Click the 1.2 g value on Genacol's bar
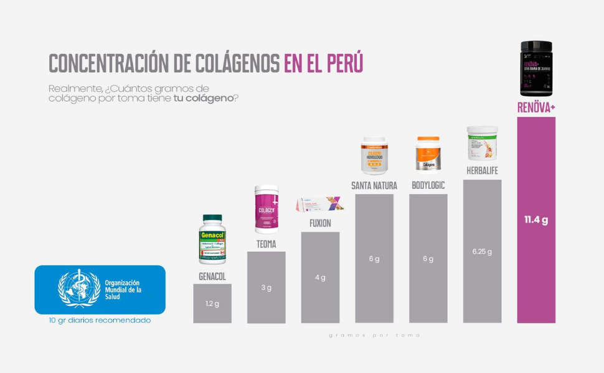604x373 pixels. [x=212, y=304]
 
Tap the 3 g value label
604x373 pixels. [x=266, y=288]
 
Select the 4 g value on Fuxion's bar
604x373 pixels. [x=320, y=277]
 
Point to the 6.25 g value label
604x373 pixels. [x=482, y=252]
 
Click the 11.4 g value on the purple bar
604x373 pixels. [x=536, y=220]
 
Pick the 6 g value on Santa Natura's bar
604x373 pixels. [x=374, y=259]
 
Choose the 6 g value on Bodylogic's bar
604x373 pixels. [x=428, y=259]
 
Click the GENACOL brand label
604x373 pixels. [x=212, y=276]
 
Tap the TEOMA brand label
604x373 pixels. [x=266, y=244]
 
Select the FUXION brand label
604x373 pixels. [x=320, y=223]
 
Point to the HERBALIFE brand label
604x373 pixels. [x=482, y=171]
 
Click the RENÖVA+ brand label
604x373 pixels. [x=536, y=108]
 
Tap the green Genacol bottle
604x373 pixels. [x=212, y=239]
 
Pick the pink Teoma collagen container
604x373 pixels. [x=266, y=209]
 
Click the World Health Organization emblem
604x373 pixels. [x=78, y=288]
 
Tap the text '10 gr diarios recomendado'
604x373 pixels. [x=100, y=321]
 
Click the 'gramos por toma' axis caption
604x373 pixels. [x=374, y=335]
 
